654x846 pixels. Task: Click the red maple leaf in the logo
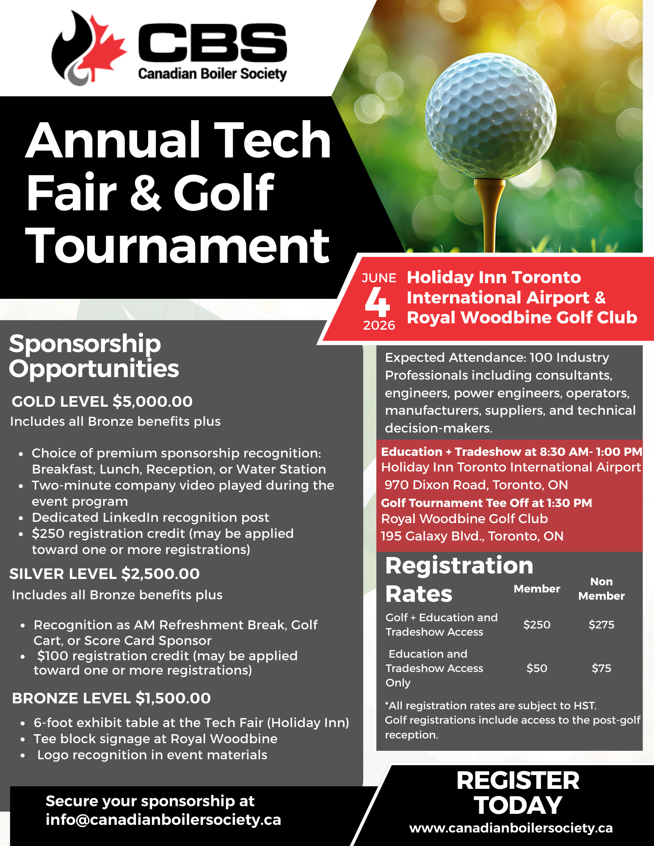tap(102, 49)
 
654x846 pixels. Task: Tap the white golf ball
tap(491, 116)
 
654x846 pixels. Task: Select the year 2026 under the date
tap(379, 325)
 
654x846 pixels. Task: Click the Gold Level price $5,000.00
tap(152, 401)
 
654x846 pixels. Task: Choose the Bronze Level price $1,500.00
tap(173, 698)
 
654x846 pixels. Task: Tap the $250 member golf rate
tap(537, 625)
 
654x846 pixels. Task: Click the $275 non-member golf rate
tap(601, 625)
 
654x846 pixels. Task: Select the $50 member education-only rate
tap(537, 668)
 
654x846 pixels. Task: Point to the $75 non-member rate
tap(601, 668)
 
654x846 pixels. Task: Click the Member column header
tap(537, 589)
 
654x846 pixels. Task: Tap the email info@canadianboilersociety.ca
tap(163, 819)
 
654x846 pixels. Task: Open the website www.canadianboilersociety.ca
tap(511, 828)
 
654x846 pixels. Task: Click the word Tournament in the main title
tap(178, 245)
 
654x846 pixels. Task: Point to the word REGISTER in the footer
tap(518, 780)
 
